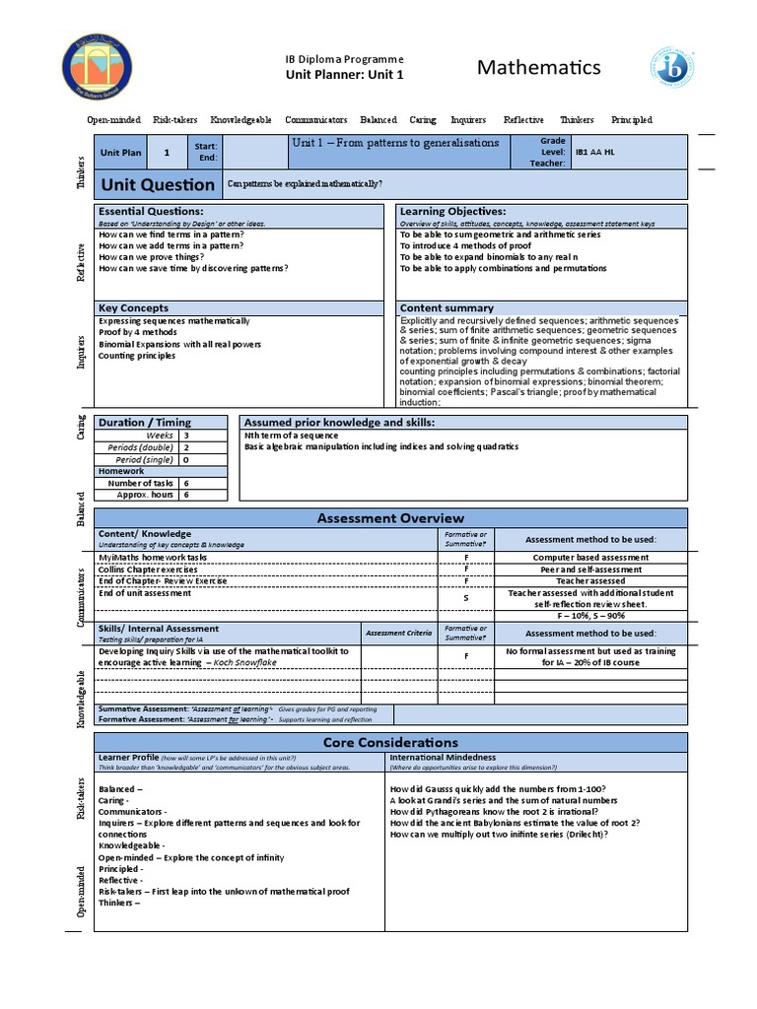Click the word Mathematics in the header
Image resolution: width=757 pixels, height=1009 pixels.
[x=538, y=67]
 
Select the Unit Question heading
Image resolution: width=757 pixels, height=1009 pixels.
[x=158, y=184]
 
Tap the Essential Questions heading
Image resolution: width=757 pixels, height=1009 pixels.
[x=151, y=212]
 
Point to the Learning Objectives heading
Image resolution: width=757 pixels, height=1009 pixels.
[x=452, y=212]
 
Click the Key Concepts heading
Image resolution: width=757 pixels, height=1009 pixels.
[x=134, y=308]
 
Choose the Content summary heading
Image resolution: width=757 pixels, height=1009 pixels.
[x=447, y=308]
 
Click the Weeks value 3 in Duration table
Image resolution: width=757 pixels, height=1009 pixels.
[x=186, y=435]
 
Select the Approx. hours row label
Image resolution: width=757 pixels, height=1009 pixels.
[x=145, y=495]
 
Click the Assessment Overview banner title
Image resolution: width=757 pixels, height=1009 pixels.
[x=390, y=518]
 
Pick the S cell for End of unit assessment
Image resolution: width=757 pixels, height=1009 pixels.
[x=466, y=598]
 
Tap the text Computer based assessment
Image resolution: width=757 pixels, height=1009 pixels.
[x=590, y=558]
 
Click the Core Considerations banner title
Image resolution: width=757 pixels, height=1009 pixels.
[x=390, y=742]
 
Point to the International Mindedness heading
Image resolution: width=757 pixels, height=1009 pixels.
[x=444, y=758]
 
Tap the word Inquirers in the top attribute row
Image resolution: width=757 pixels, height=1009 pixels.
[x=468, y=120]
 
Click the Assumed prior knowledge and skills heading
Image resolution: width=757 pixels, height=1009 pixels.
[x=339, y=423]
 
